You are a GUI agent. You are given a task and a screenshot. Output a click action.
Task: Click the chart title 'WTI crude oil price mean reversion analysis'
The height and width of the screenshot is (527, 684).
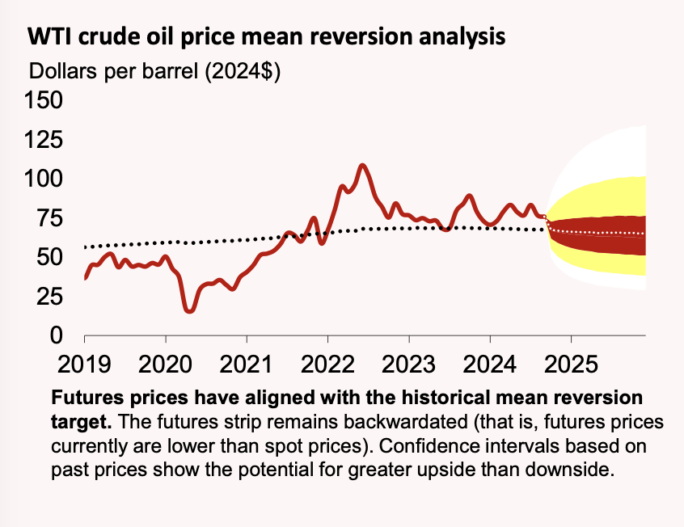pyautogui.click(x=267, y=37)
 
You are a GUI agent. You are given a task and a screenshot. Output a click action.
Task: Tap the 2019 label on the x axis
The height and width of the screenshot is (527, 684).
pyautogui.click(x=84, y=364)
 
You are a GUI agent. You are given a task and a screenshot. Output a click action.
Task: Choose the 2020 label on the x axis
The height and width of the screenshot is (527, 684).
pyautogui.click(x=165, y=364)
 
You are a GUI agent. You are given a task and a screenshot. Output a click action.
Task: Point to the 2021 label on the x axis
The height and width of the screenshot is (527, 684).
pyautogui.click(x=247, y=364)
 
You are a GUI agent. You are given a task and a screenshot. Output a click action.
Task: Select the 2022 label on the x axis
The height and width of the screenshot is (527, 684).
pyautogui.click(x=327, y=364)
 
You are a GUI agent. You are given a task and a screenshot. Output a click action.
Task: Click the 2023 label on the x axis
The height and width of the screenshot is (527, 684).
pyautogui.click(x=408, y=364)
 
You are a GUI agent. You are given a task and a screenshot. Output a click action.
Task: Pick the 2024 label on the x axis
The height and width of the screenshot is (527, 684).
pyautogui.click(x=489, y=364)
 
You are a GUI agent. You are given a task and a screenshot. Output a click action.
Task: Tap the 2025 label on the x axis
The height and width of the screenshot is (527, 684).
pyautogui.click(x=571, y=364)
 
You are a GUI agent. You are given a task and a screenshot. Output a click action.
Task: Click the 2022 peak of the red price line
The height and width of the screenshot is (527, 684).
pyautogui.click(x=362, y=166)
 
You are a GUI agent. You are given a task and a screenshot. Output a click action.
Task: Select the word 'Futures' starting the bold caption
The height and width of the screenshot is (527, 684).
pyautogui.click(x=82, y=399)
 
